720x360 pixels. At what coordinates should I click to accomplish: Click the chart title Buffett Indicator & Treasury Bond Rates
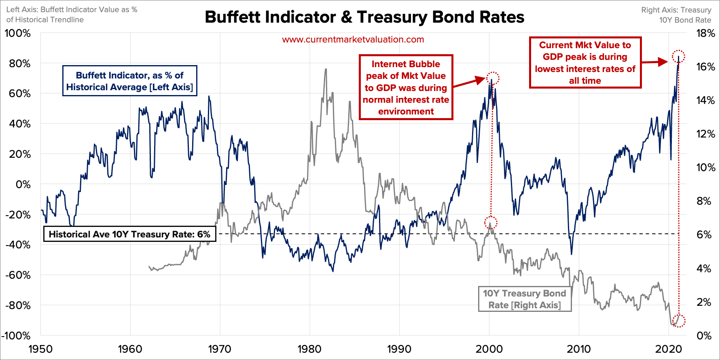point(364,17)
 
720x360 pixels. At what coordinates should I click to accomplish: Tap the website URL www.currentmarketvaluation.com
point(353,40)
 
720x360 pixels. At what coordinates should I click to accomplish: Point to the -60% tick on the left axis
point(18,275)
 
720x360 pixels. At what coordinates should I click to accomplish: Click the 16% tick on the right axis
point(705,67)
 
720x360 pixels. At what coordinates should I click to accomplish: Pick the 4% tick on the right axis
point(704,268)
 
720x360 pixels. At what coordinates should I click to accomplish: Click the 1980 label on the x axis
point(309,349)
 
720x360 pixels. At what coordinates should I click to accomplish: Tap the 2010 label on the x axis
point(578,349)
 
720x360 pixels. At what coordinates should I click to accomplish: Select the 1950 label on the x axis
point(40,349)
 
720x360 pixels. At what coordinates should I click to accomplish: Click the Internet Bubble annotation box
point(406,87)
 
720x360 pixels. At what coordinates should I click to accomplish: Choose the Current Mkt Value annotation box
point(585,63)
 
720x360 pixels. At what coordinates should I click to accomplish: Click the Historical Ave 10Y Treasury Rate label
point(129,234)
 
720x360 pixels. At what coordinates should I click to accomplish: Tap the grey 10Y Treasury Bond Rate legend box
point(525,299)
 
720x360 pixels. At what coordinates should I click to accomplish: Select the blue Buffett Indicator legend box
point(129,81)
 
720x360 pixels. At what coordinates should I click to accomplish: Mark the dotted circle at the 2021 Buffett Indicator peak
point(678,56)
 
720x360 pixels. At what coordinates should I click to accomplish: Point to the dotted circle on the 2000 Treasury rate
point(491,222)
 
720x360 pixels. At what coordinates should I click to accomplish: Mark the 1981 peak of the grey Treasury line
point(326,69)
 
